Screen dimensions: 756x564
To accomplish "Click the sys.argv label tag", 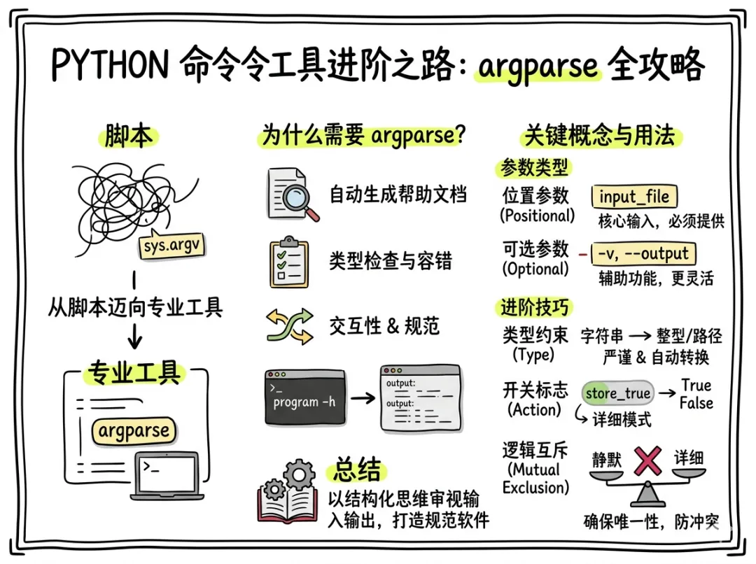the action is (x=170, y=247).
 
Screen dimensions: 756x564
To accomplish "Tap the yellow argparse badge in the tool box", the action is (x=134, y=430).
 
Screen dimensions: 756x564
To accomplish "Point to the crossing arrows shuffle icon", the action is (x=289, y=326).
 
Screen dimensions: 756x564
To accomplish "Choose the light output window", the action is (x=420, y=398).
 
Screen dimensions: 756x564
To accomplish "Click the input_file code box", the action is (x=634, y=196).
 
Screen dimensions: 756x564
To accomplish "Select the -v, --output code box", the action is (x=644, y=253).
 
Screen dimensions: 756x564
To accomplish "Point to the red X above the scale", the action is (x=647, y=461).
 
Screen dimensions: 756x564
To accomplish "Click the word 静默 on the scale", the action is (x=607, y=459).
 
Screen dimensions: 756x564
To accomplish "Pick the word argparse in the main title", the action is (x=538, y=67).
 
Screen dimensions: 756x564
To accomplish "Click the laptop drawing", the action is (x=165, y=476).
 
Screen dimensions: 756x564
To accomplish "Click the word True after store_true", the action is (x=696, y=386).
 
